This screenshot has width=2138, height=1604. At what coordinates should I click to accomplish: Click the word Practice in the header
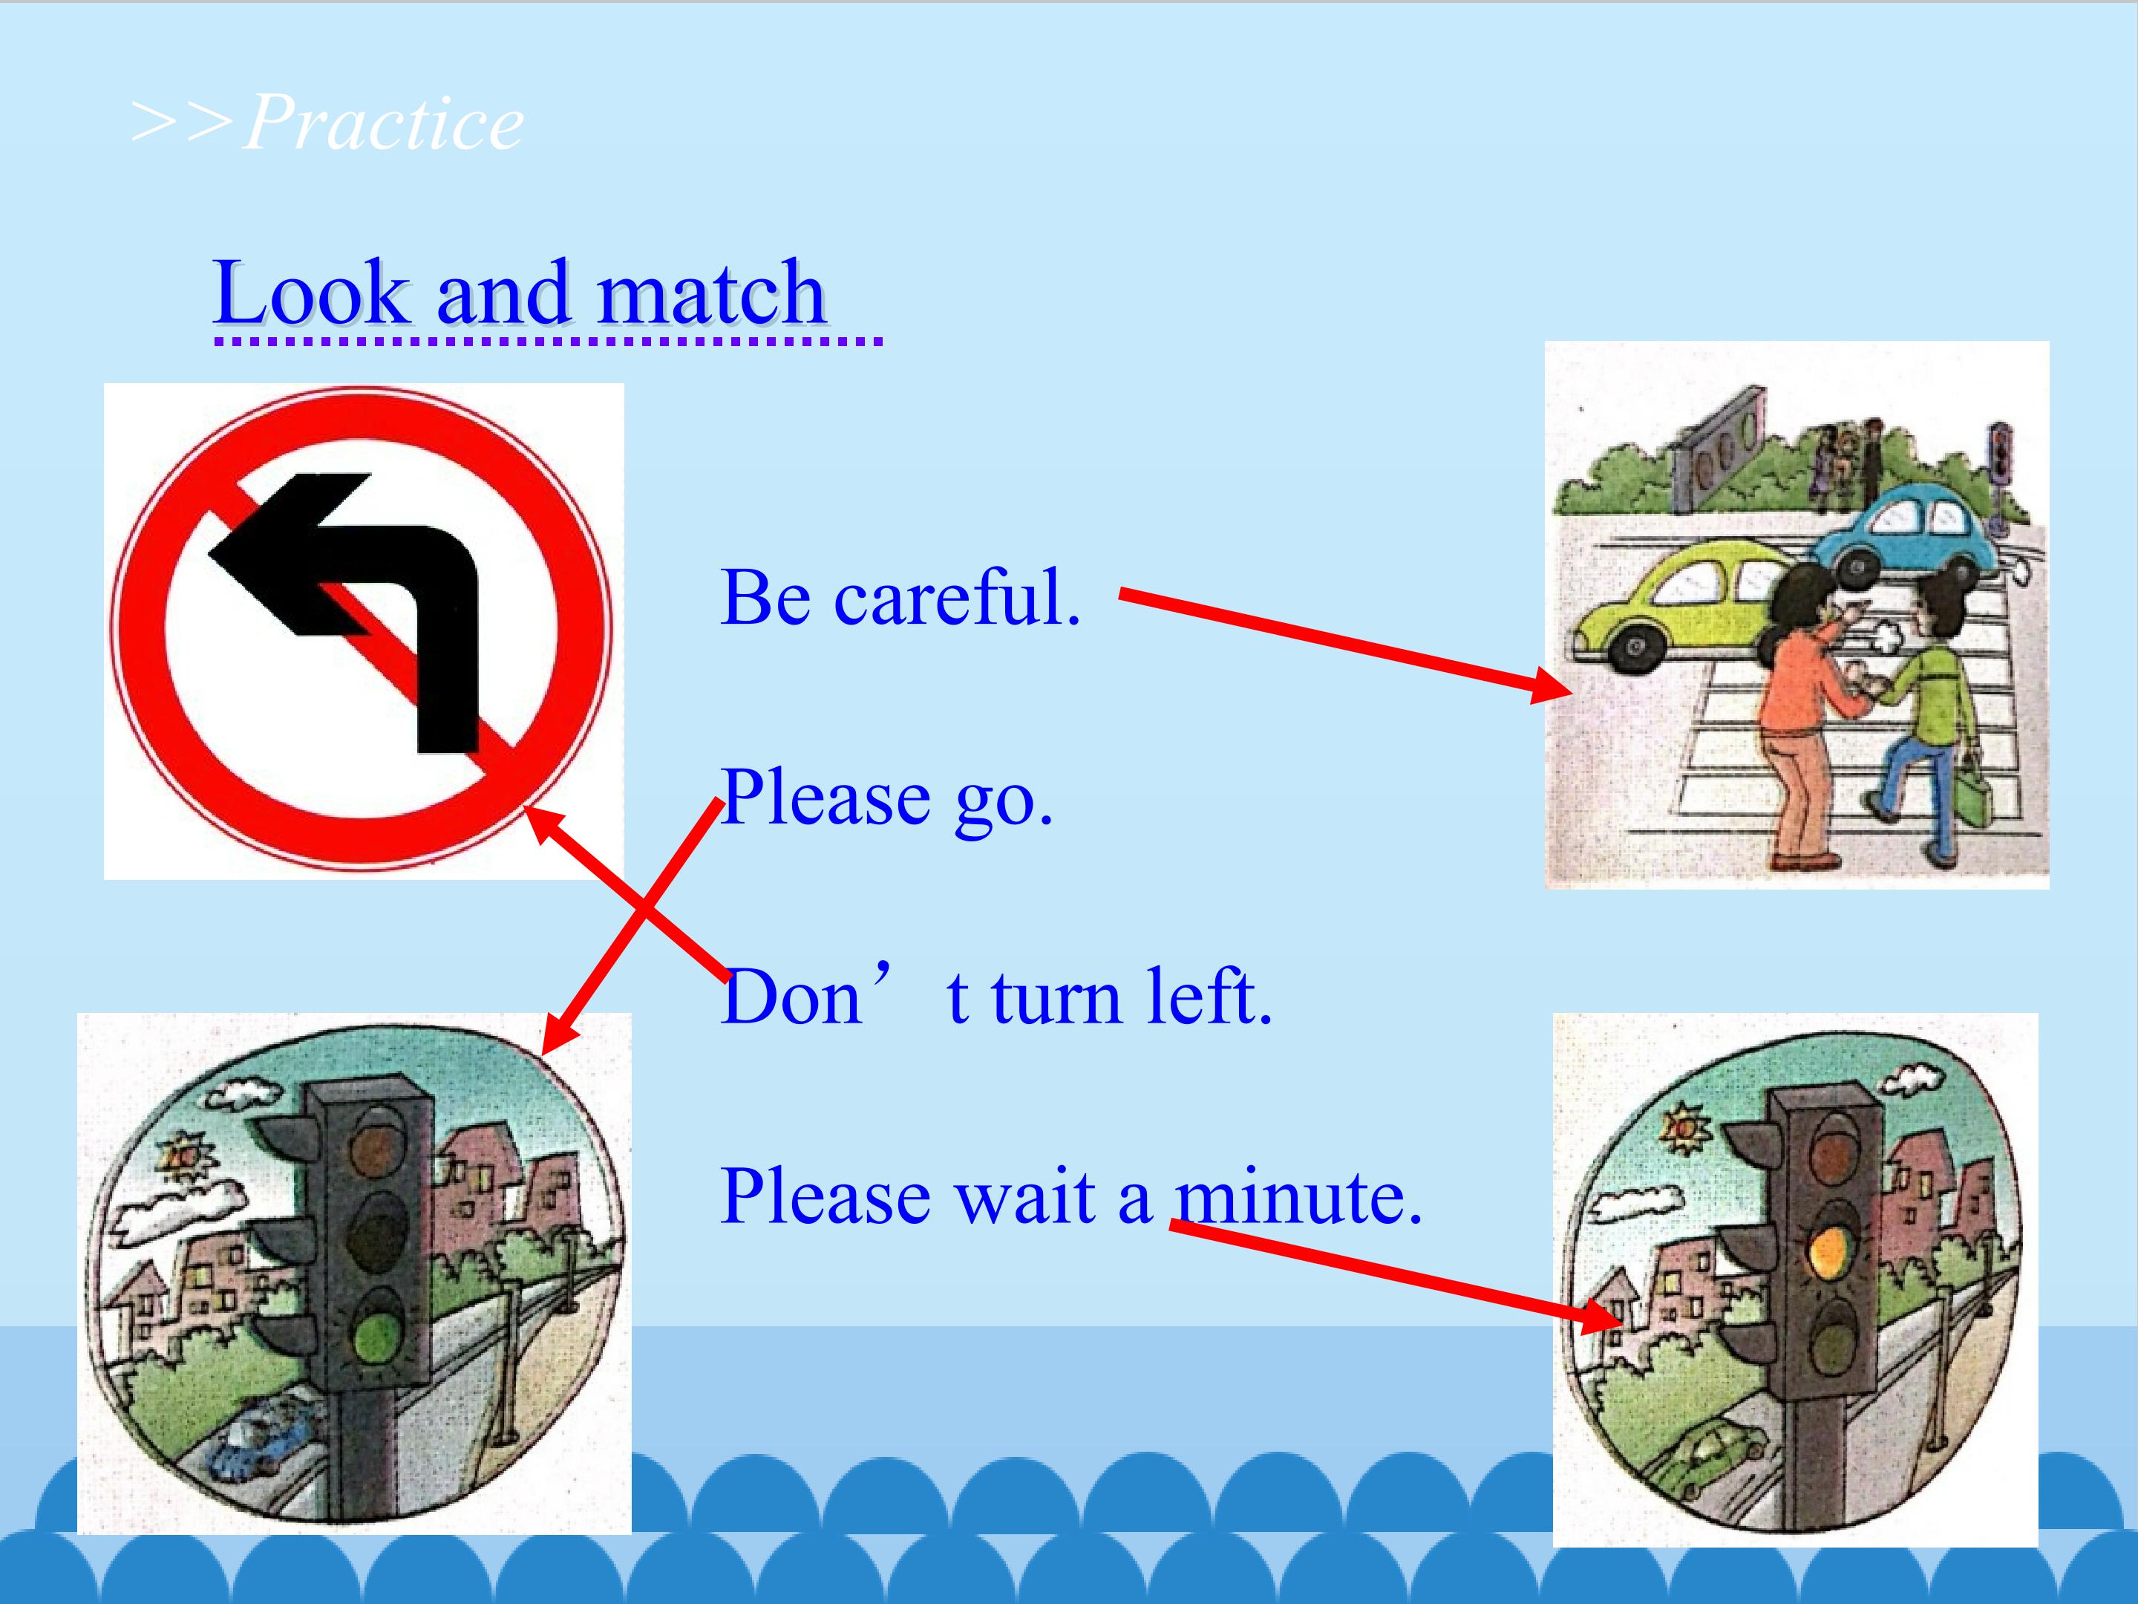pos(384,123)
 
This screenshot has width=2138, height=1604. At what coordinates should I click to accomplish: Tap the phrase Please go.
pos(886,798)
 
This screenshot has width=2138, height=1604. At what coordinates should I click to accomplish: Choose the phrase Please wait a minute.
pos(1071,1196)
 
